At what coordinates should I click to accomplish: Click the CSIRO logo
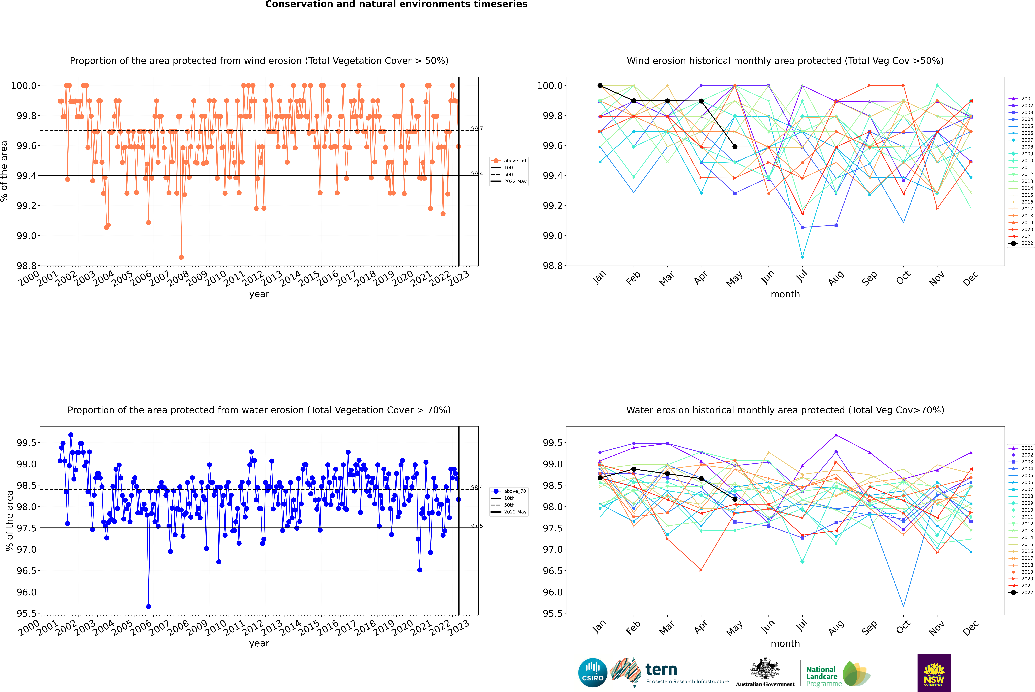593,673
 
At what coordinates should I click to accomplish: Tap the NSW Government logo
934,673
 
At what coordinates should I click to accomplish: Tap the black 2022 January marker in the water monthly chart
600,478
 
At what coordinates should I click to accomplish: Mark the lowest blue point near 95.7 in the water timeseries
149,606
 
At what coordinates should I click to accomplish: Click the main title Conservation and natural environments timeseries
396,4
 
